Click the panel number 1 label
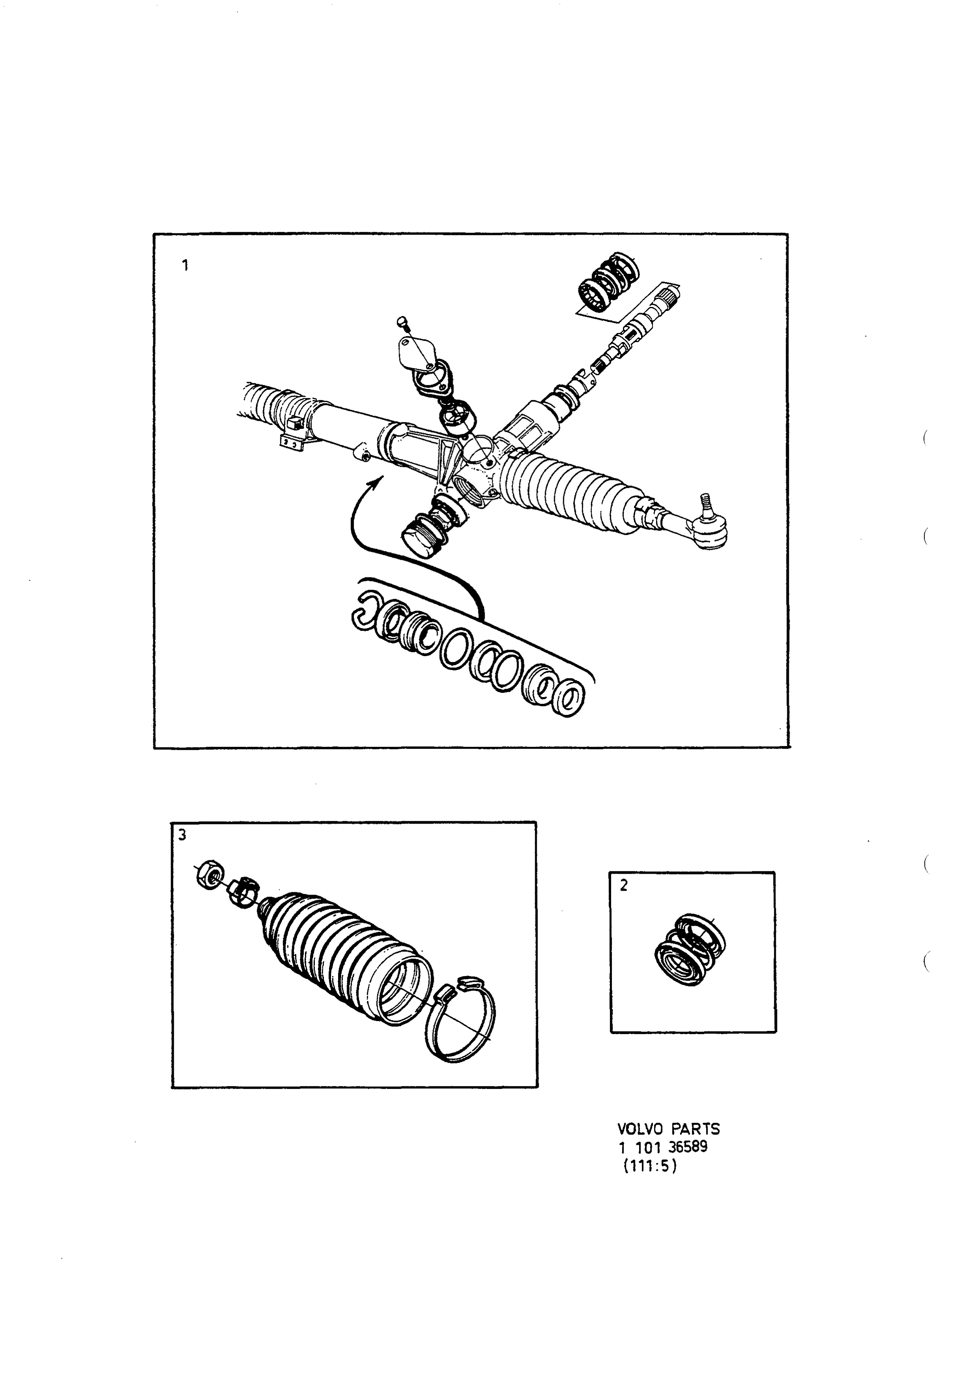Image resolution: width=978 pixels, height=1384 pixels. [185, 265]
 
